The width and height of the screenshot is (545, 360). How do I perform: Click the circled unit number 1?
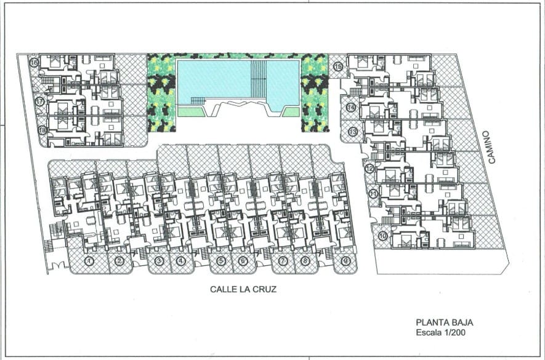(x=90, y=261)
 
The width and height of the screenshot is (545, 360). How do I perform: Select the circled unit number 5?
(x=220, y=260)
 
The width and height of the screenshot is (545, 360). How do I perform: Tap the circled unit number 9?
(x=345, y=260)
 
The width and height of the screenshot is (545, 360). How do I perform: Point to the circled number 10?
(x=382, y=236)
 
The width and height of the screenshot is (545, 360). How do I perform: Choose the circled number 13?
(x=353, y=132)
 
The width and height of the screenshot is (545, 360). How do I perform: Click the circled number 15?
(x=338, y=66)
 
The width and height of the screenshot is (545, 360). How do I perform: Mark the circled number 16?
(x=34, y=63)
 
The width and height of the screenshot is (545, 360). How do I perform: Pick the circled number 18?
(x=42, y=130)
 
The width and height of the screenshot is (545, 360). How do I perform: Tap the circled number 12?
(x=369, y=169)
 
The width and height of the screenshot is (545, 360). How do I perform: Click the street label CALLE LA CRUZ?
(x=243, y=289)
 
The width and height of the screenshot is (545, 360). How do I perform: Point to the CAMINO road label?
(x=491, y=147)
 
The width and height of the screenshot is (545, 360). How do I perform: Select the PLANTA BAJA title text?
(x=445, y=322)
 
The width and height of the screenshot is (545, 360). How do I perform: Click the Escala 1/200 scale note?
(x=441, y=332)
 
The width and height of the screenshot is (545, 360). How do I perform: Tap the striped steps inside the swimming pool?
(x=259, y=79)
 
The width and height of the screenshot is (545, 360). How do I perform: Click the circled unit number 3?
(x=159, y=261)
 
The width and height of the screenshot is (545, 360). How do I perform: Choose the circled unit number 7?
(x=283, y=260)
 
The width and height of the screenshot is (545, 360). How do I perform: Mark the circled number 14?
(x=350, y=107)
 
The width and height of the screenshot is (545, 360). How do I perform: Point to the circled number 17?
(x=39, y=102)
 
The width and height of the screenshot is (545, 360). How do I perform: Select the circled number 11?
(x=373, y=194)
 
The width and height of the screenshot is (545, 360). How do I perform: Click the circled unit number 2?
(x=119, y=261)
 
